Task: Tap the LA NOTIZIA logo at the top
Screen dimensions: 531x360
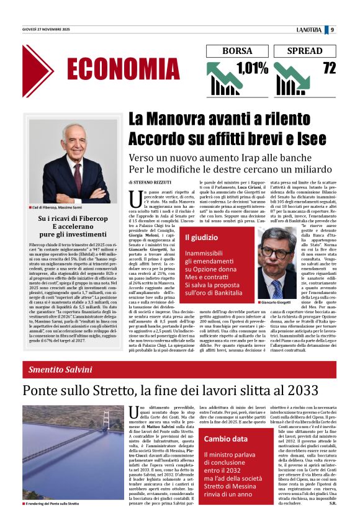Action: pos(309,29)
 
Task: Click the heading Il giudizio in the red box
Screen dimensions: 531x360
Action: pos(201,237)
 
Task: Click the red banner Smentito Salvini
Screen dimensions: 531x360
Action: pos(61,370)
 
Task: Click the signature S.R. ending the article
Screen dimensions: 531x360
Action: pos(332,520)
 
